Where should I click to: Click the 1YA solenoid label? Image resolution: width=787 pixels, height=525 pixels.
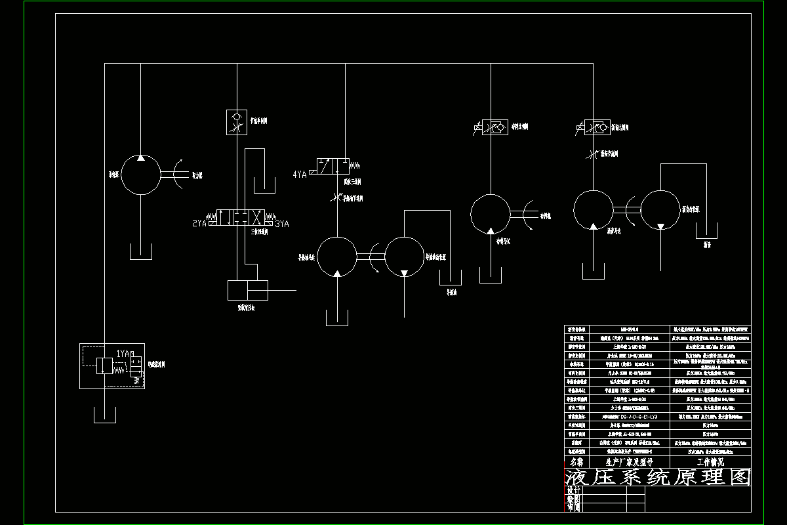(x=123, y=354)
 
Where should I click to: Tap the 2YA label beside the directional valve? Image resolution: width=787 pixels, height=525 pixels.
(x=199, y=224)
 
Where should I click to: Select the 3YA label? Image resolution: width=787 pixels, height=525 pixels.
(x=282, y=224)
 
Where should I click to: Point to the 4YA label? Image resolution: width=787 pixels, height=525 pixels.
(x=300, y=174)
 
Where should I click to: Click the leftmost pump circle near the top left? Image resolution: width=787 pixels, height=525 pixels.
(x=141, y=175)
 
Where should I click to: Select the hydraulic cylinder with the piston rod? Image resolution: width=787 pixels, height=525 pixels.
(x=248, y=290)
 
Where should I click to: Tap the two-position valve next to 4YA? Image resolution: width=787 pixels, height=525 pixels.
(x=332, y=165)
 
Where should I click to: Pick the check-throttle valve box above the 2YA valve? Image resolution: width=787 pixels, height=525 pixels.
(x=237, y=122)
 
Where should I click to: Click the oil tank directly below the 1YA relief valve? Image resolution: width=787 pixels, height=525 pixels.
(x=104, y=415)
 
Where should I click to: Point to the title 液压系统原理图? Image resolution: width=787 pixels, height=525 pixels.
(x=657, y=478)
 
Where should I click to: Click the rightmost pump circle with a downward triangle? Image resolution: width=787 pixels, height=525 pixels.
(x=660, y=210)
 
